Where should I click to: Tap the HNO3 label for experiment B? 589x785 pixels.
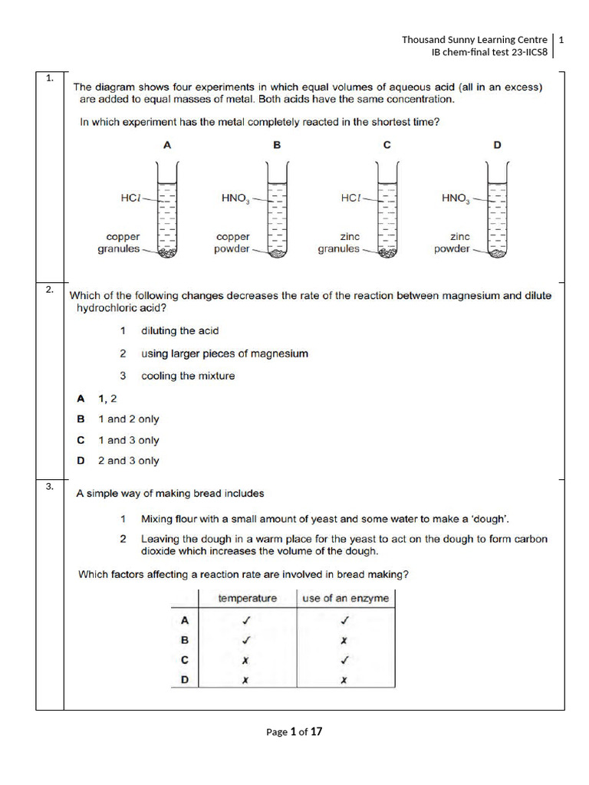click(235, 198)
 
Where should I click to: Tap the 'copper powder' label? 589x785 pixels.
click(233, 243)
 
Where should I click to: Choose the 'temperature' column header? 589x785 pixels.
click(247, 598)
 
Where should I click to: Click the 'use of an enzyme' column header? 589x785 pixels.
click(345, 598)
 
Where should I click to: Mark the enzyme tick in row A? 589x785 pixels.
click(344, 620)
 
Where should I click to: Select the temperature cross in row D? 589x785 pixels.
click(246, 679)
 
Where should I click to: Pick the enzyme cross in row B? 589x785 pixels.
click(344, 640)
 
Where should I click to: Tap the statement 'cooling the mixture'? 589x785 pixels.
click(188, 376)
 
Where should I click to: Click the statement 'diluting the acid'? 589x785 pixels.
click(179, 330)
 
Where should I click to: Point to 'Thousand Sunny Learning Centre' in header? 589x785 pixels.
click(475, 39)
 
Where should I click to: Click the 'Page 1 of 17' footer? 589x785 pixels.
click(294, 731)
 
